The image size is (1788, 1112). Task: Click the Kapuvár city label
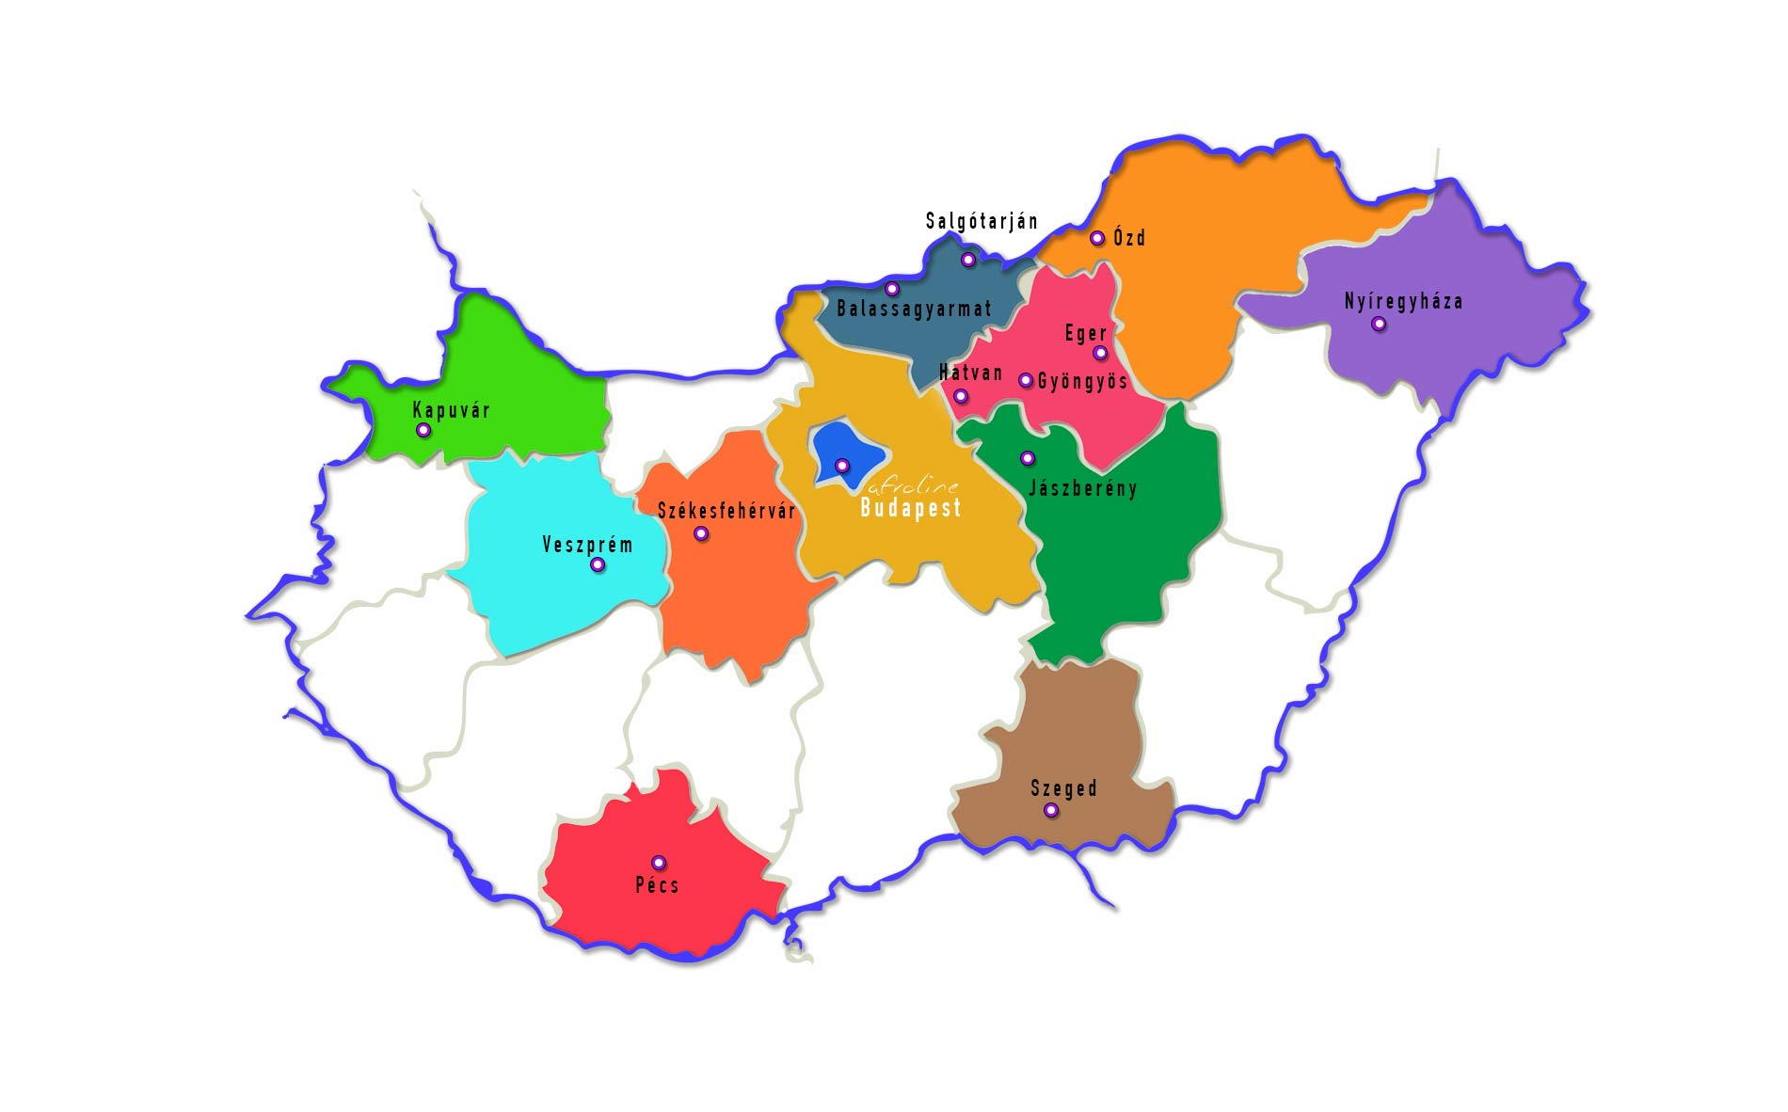click(x=452, y=410)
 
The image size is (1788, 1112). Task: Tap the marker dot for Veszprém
click(x=598, y=565)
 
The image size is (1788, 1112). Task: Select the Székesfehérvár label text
click(x=726, y=511)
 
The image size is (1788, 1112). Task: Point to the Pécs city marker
click(x=659, y=863)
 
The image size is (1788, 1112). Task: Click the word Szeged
click(x=1063, y=788)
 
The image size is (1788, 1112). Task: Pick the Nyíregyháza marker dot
click(x=1379, y=324)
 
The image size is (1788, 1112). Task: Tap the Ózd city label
click(x=1129, y=237)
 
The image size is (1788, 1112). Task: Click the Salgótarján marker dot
click(x=968, y=260)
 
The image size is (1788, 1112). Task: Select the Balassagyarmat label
click(x=914, y=309)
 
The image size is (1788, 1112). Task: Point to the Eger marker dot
click(x=1100, y=353)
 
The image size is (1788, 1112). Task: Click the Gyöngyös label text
click(x=1082, y=381)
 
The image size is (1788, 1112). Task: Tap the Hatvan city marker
click(x=961, y=396)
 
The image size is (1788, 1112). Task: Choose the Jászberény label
click(x=1082, y=488)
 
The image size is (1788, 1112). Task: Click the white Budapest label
click(x=911, y=508)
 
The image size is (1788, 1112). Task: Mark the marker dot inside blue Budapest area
click(x=842, y=465)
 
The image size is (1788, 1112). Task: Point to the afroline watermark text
click(x=913, y=486)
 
